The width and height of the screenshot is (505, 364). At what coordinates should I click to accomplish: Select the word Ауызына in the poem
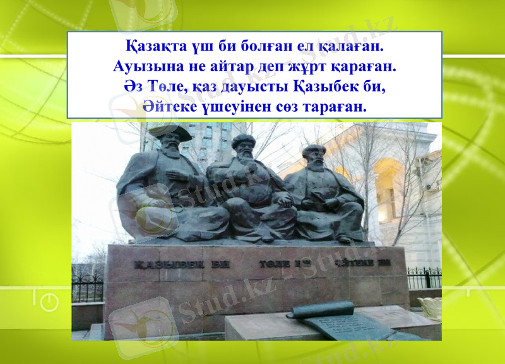pyautogui.click(x=146, y=66)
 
